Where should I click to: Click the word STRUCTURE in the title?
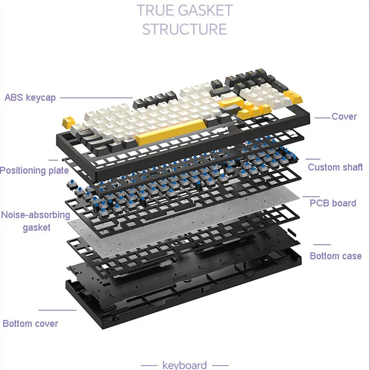185,29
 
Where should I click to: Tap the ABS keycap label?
30,98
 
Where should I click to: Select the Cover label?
344,117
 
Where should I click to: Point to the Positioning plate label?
34,171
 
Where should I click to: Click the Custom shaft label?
335,167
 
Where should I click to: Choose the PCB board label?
333,203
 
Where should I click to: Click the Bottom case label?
336,256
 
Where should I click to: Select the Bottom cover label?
31,323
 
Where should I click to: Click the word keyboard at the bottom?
185,365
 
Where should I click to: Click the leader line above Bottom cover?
57,310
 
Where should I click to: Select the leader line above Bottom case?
322,245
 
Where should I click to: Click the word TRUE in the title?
156,10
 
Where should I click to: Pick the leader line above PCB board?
311,196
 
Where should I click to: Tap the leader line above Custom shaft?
313,159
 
